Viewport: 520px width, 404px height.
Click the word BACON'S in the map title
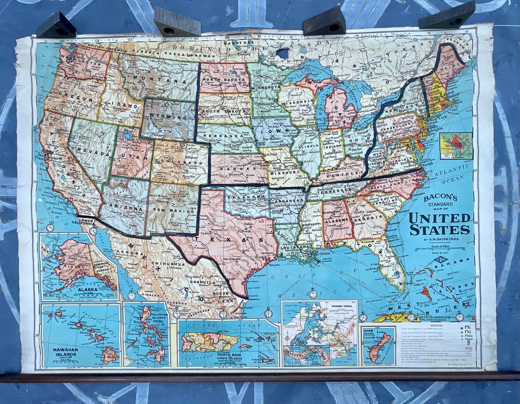pyautogui.click(x=440, y=197)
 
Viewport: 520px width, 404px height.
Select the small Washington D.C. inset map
pyautogui.click(x=455, y=145)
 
